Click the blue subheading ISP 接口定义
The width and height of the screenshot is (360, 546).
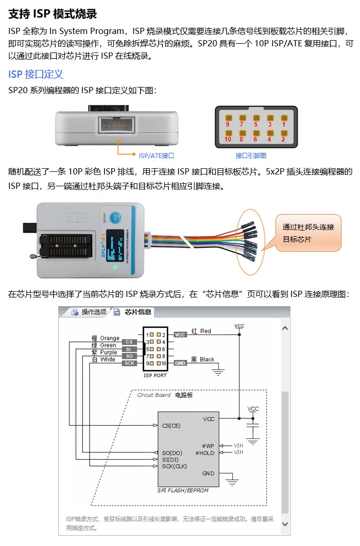(36, 74)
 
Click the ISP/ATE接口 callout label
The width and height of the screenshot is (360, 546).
(156, 155)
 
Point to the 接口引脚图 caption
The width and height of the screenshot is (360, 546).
(251, 155)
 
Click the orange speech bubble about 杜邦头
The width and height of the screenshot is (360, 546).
(308, 233)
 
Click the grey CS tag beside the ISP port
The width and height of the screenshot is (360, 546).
(129, 342)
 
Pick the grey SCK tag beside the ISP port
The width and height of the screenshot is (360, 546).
(129, 363)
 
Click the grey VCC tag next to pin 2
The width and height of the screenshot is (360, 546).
(180, 334)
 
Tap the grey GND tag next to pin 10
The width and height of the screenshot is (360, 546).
(180, 363)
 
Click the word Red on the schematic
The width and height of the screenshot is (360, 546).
(206, 331)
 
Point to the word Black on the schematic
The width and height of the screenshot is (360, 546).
(207, 360)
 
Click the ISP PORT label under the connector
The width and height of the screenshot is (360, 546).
(155, 375)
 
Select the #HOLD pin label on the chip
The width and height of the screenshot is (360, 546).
(204, 453)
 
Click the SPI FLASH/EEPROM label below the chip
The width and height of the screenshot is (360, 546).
(183, 490)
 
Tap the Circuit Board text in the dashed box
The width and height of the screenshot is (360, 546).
(153, 395)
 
